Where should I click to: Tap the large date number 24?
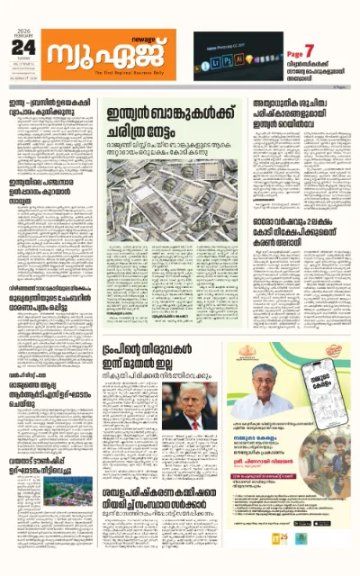[23, 48]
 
